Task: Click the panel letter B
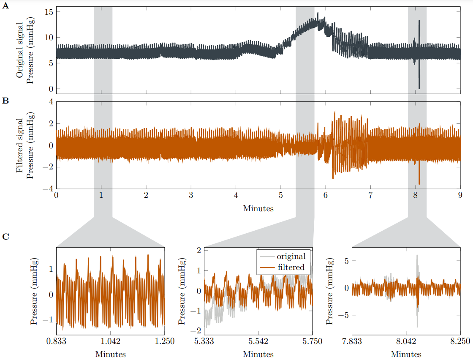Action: pos(5,101)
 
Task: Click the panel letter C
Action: pos(5,237)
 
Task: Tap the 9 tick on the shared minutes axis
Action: pos(460,196)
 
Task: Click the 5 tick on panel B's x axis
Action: pos(280,196)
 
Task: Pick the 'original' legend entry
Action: pos(291,256)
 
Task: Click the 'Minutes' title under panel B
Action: pos(258,208)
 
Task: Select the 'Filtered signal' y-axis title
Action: pos(19,145)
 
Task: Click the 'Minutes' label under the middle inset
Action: pos(258,354)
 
